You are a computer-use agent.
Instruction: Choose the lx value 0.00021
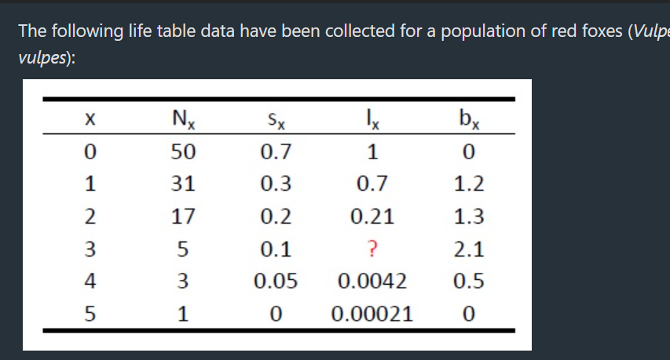click(372, 315)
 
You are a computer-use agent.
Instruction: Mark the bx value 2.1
click(469, 250)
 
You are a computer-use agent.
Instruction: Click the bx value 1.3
click(469, 217)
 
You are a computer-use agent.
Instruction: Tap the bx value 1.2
click(469, 185)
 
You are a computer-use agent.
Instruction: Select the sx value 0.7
click(276, 152)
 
